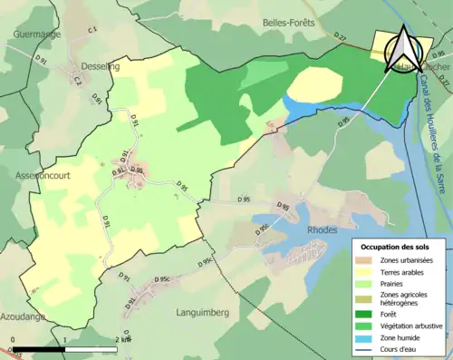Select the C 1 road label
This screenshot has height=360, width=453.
pos(92,31)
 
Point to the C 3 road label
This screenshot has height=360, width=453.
pos(78,81)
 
